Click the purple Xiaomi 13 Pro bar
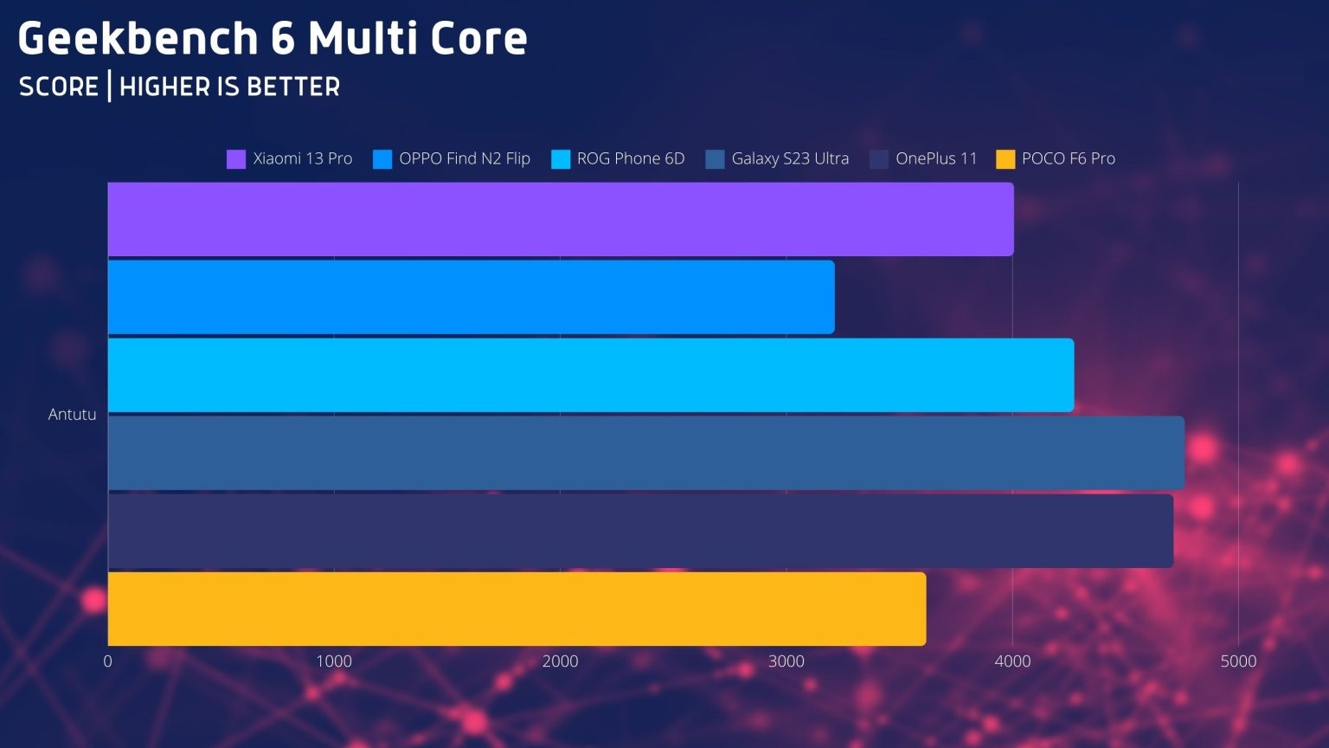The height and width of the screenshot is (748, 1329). click(x=561, y=219)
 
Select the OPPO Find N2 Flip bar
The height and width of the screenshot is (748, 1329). click(x=471, y=297)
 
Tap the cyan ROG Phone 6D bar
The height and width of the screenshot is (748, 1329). click(x=591, y=375)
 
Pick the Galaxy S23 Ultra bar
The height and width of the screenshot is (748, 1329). click(x=645, y=453)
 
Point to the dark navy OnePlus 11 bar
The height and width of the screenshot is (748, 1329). click(x=640, y=531)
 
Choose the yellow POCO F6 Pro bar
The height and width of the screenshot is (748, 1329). click(x=517, y=609)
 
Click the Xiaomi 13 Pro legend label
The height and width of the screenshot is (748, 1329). click(x=302, y=158)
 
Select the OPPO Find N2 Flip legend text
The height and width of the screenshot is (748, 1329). click(x=464, y=158)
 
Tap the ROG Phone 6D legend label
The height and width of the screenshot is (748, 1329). click(x=630, y=158)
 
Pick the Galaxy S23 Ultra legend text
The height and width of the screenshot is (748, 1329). click(x=789, y=158)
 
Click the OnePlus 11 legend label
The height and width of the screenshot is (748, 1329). click(x=935, y=158)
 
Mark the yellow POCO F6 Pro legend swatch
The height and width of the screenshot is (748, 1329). click(x=1005, y=159)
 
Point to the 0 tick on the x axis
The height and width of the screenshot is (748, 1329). click(x=108, y=661)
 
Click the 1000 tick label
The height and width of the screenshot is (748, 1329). click(x=334, y=661)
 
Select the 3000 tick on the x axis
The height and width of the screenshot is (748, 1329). click(x=786, y=661)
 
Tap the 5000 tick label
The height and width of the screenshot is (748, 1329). click(x=1238, y=661)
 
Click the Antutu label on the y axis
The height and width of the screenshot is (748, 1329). click(x=72, y=415)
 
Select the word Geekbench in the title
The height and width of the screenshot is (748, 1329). click(x=138, y=39)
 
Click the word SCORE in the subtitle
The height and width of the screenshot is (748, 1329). click(x=59, y=87)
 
